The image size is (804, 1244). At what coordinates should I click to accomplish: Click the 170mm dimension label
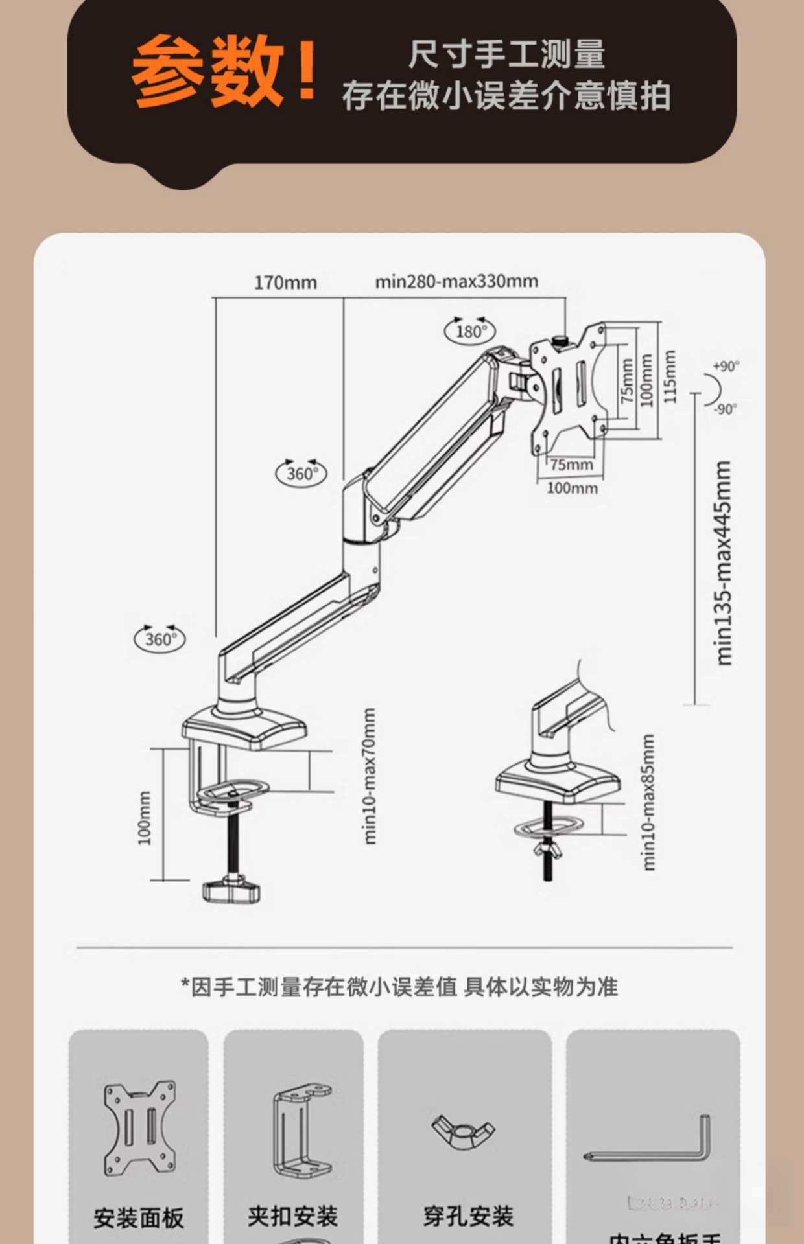285,282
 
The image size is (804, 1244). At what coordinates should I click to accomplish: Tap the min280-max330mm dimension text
456,281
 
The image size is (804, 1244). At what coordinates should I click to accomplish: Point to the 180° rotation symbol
469,330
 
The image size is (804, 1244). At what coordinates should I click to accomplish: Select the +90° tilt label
726,367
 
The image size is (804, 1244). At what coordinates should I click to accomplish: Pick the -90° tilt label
726,409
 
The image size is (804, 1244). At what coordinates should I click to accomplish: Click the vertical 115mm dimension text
670,376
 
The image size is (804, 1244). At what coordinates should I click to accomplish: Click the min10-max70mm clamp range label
369,776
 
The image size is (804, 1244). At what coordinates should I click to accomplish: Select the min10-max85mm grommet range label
648,802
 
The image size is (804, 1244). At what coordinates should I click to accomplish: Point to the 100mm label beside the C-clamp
144,818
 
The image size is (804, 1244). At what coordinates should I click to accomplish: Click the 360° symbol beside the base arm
160,639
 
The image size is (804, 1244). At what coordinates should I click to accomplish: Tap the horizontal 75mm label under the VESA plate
571,465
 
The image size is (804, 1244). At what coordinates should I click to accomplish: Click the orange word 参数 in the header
207,71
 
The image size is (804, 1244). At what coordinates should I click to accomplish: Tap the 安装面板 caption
139,1217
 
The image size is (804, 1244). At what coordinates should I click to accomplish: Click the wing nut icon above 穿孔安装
464,1131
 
